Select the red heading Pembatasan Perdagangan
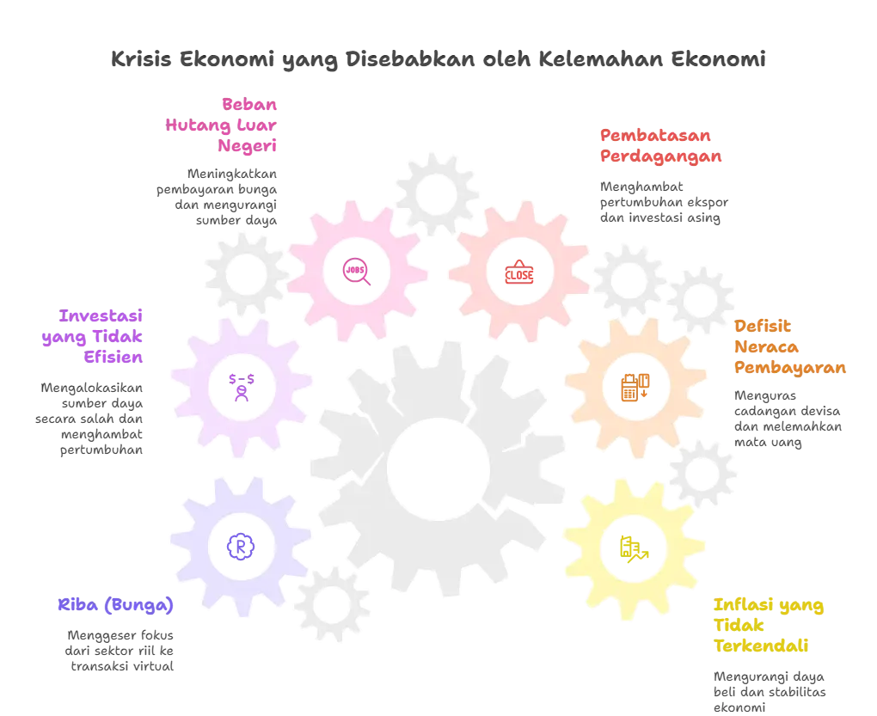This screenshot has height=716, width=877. [659, 145]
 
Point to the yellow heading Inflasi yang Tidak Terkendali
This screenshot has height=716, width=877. [768, 625]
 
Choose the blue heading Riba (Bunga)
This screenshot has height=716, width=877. [113, 605]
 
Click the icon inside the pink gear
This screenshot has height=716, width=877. [354, 271]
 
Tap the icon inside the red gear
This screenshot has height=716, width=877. [518, 272]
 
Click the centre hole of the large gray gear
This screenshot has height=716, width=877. [435, 468]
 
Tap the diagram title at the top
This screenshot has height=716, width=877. [438, 61]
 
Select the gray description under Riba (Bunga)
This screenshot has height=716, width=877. [121, 649]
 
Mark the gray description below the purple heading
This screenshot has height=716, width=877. [93, 419]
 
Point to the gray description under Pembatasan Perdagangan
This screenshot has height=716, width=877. [663, 200]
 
